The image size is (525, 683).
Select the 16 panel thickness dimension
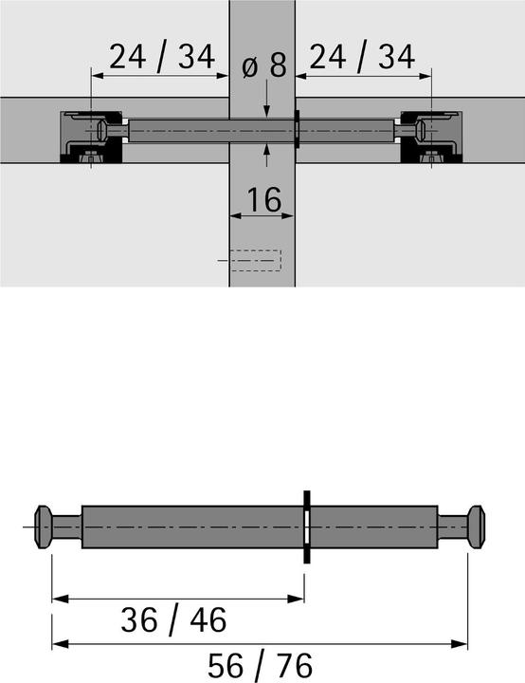click(x=263, y=199)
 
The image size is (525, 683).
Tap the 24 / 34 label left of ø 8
click(x=161, y=59)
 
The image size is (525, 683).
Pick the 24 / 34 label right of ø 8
click(x=364, y=59)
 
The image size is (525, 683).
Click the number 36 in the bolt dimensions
click(x=141, y=620)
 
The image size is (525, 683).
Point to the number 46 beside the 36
click(x=206, y=620)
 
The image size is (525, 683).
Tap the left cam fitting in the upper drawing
click(x=91, y=136)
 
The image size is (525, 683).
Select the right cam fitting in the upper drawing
click(x=432, y=136)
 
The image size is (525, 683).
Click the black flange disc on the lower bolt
click(x=306, y=527)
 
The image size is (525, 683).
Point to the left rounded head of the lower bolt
click(x=45, y=527)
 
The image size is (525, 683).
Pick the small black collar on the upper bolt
click(x=297, y=128)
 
